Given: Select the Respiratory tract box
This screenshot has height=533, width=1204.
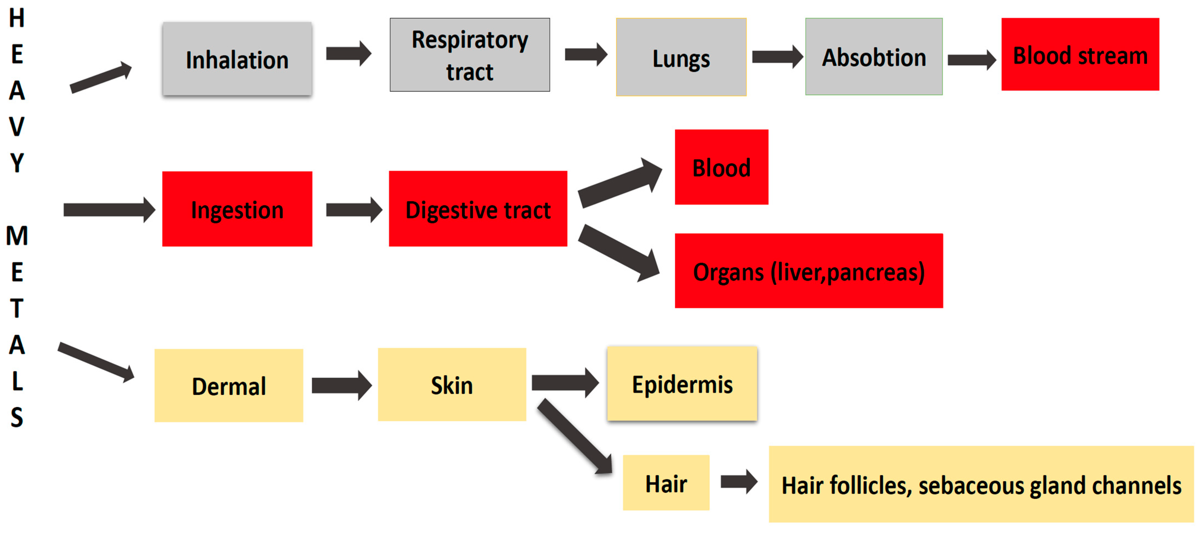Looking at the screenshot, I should (470, 55).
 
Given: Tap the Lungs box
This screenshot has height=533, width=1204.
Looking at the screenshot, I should (681, 57).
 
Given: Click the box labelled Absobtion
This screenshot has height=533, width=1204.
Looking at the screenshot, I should (874, 57).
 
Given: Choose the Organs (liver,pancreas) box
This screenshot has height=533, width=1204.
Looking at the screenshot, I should (809, 271).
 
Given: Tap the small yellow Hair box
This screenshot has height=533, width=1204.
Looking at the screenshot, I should (666, 483).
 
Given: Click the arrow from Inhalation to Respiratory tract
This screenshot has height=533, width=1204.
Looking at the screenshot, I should (348, 54).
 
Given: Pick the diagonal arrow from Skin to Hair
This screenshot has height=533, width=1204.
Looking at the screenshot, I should (575, 437).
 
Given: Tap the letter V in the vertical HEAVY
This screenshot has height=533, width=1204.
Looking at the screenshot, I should (17, 127).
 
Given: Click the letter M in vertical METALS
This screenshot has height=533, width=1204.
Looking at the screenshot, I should (17, 235).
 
